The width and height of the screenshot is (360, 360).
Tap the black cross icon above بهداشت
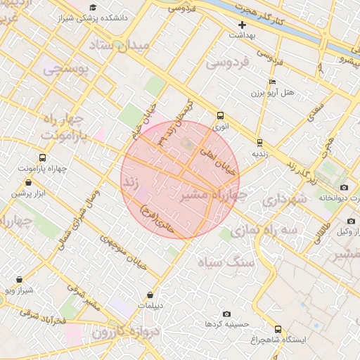coord(242,25)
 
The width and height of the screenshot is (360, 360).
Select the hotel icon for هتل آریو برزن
coord(272,82)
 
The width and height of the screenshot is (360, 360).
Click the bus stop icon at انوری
coord(221,116)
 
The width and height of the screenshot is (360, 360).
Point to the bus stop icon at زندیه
coord(259,141)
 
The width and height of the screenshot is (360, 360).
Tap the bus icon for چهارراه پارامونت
coord(42,158)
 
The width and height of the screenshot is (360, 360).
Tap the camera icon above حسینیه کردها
coord(226,314)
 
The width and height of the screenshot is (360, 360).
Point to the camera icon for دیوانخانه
coord(344,187)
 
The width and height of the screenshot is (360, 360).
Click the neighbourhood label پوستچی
coord(64,70)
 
